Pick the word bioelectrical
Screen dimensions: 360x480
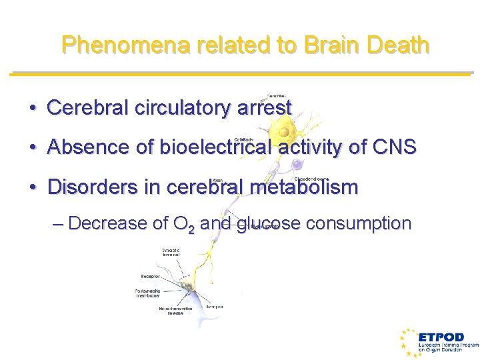point(213,147)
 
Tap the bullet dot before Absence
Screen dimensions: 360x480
point(33,147)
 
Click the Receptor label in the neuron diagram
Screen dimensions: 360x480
point(150,275)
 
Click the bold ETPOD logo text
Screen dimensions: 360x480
point(441,337)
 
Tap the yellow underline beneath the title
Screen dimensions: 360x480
point(240,73)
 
